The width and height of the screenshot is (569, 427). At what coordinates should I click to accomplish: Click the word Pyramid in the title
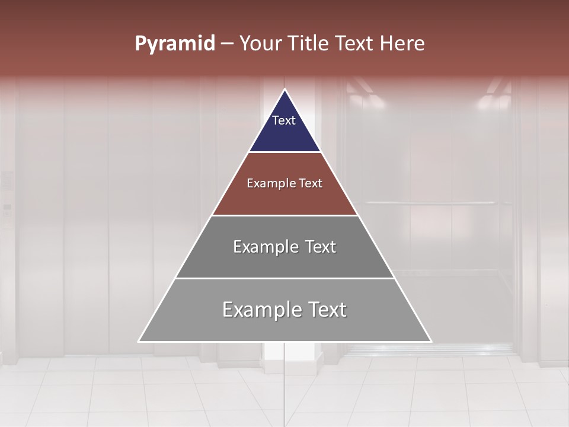[x=174, y=44]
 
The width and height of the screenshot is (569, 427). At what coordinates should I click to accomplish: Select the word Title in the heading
[x=311, y=44]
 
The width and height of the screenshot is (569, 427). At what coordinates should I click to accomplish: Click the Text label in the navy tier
[x=284, y=120]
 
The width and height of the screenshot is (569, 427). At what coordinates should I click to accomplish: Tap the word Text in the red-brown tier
[x=311, y=184]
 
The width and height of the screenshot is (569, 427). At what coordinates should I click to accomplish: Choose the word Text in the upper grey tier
[x=321, y=247]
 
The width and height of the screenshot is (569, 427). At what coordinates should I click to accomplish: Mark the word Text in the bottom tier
[x=327, y=310]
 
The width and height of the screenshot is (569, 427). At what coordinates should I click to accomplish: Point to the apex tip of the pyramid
[x=285, y=90]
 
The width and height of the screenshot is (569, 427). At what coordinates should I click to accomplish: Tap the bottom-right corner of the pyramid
[x=430, y=341]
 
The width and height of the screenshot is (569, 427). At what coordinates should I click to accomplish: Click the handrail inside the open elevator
[x=430, y=203]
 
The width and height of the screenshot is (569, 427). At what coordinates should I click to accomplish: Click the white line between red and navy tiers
[x=284, y=152]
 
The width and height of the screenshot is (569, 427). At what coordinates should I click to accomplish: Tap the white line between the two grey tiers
[x=284, y=278]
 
